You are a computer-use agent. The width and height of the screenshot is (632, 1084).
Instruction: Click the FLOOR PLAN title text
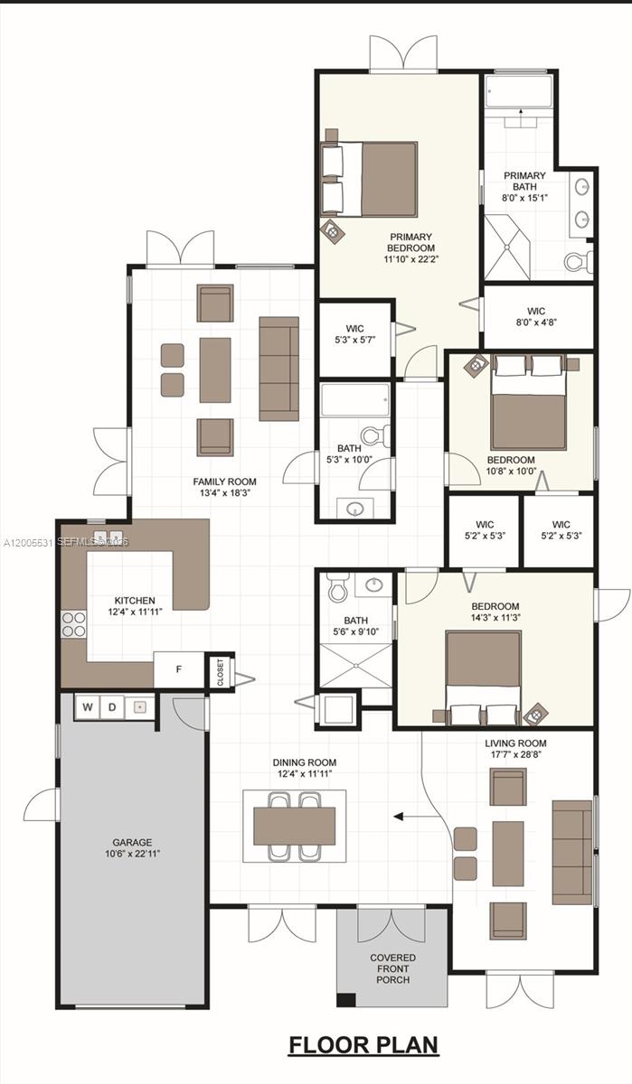363,1045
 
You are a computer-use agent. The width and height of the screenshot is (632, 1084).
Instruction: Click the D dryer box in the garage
113,707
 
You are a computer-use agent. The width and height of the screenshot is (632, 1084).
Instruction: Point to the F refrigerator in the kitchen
178,670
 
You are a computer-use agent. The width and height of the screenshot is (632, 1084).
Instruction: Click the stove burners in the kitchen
73,625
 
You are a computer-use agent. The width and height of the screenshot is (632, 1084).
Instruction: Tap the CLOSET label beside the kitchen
220,670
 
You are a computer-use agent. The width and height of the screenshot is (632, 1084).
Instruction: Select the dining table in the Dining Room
294,826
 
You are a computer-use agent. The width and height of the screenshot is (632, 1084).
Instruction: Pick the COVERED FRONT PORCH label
392,968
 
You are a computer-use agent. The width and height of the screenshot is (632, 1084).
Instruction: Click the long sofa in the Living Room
571,851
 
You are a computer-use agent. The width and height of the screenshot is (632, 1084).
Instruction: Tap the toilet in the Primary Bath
577,262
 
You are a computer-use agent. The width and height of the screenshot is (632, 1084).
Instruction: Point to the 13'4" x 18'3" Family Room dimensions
224,493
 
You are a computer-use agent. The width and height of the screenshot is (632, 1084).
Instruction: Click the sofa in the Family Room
278,369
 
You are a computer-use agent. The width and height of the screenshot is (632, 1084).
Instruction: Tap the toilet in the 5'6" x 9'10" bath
338,590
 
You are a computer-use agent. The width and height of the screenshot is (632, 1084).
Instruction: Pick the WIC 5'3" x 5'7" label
354,334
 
